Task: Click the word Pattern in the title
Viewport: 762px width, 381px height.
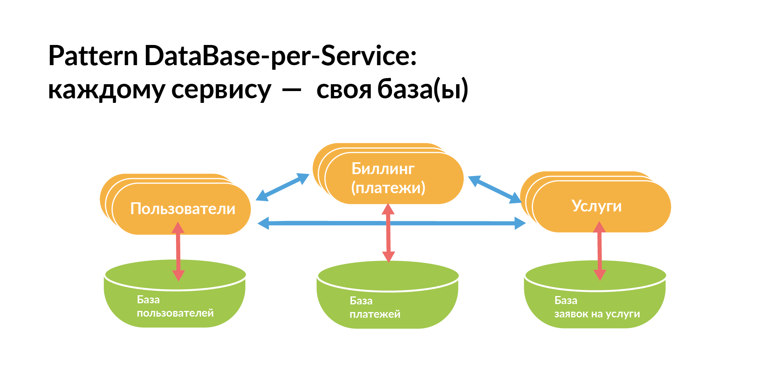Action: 93,56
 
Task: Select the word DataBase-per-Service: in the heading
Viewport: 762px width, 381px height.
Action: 280,56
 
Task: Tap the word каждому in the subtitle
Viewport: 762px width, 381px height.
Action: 107,90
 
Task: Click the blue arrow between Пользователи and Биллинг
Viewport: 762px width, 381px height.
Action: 282,187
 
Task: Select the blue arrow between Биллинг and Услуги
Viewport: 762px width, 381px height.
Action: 495,189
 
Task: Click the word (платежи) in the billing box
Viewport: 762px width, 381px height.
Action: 388,188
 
